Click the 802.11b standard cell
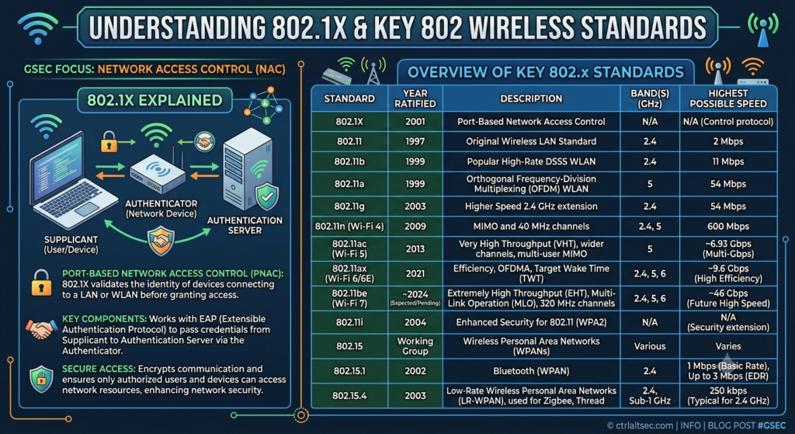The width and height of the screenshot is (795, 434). [x=349, y=161]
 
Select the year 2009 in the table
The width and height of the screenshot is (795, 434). [x=415, y=227]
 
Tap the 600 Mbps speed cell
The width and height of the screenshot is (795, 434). [x=728, y=227]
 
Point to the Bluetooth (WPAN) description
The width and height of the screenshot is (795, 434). [x=531, y=371]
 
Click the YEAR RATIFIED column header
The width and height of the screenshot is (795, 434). [x=415, y=99]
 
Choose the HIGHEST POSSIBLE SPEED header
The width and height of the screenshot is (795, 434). [x=728, y=99]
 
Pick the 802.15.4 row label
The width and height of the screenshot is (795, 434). [x=349, y=395]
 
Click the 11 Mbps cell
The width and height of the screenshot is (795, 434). [x=728, y=161]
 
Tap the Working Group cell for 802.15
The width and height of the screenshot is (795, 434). [x=415, y=346]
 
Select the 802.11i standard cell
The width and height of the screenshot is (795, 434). [x=349, y=322]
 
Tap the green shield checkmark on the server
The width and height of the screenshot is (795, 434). [x=267, y=197]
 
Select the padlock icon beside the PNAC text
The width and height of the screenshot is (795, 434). [x=41, y=283]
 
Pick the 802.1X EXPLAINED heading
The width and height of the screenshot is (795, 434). [x=154, y=100]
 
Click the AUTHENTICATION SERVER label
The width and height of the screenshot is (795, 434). [x=245, y=225]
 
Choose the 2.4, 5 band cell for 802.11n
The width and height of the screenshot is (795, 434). [x=650, y=227]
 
